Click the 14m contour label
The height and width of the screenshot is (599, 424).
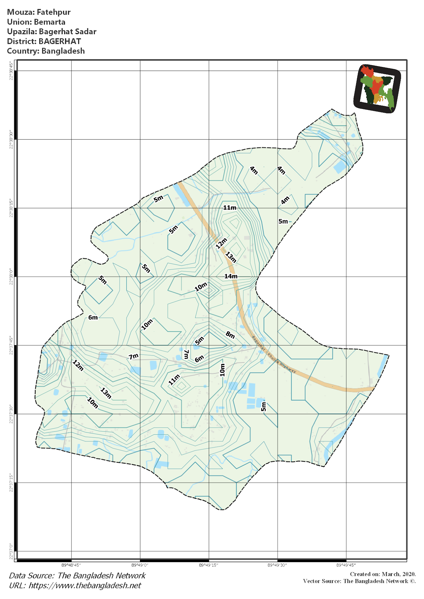(231, 276)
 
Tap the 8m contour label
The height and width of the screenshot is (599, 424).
(230, 335)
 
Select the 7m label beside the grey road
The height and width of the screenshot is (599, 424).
(134, 356)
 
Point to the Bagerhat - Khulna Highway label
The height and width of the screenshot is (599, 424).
(274, 354)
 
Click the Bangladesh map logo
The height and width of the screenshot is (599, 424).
(377, 88)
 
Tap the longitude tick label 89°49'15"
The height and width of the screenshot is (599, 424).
(208, 565)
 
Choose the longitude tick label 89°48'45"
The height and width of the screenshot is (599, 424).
(71, 565)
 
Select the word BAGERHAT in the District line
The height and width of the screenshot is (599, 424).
(60, 41)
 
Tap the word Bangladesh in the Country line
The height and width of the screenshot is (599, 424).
(63, 51)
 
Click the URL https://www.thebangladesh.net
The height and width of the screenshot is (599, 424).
(85, 585)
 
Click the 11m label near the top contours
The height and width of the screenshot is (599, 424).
(230, 208)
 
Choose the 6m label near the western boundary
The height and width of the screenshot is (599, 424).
(93, 317)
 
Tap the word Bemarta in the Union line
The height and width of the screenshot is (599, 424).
(49, 22)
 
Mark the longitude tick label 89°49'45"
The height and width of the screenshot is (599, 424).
(346, 565)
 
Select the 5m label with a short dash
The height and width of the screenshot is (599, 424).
(284, 221)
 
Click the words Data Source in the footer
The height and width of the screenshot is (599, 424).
(31, 575)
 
